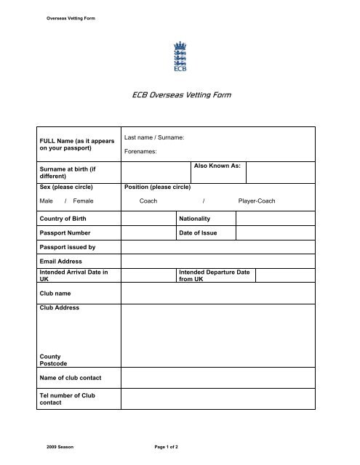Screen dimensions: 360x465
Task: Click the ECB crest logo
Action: coord(180,57)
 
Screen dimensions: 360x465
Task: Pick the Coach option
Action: coord(150,201)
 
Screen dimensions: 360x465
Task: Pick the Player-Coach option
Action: coord(257,201)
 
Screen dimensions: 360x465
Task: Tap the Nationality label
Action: coord(194,218)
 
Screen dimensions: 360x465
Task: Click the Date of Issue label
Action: coord(197,233)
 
